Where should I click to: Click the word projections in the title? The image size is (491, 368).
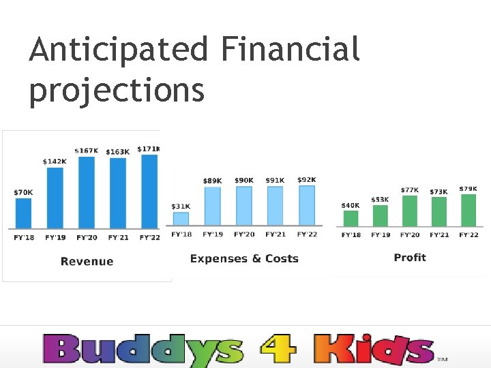tap(117, 90)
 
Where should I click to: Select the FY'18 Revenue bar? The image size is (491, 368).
tap(23, 213)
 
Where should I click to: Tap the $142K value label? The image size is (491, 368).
tap(55, 162)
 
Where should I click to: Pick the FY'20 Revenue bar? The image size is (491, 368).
tap(87, 193)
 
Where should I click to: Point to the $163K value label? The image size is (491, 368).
tap(117, 151)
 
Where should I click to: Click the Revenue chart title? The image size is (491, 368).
tap(87, 261)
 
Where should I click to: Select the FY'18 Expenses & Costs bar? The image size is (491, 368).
tap(181, 219)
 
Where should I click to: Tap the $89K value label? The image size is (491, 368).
tap(212, 181)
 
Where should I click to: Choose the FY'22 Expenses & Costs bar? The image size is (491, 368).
tap(307, 205)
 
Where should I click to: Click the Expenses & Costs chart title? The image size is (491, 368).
tap(244, 258)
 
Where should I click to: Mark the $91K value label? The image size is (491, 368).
tap(276, 181)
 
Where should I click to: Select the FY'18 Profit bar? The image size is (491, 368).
tap(351, 218)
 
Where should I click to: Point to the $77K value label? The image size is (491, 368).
tap(410, 189)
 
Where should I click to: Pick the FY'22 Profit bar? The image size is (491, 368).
tap(468, 210)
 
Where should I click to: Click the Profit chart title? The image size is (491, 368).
tap(410, 257)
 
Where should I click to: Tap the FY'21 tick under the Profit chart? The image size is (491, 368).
tap(439, 235)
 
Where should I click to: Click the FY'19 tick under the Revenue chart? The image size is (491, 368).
tap(55, 238)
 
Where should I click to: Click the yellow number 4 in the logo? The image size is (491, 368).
tap(278, 349)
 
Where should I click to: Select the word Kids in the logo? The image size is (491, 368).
tap(373, 349)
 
